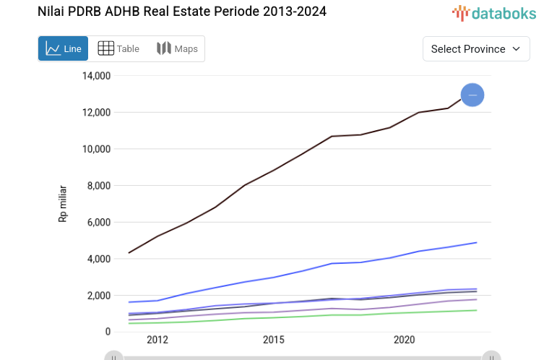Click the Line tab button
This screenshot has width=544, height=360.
(63, 48)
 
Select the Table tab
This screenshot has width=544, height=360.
(118, 48)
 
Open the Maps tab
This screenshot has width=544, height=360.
(177, 48)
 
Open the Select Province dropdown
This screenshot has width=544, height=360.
(475, 48)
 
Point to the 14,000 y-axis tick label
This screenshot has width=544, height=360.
(95, 76)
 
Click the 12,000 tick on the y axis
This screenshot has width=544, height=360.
(95, 112)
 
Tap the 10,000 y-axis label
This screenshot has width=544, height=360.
(95, 149)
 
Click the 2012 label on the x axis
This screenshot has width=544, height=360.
(157, 340)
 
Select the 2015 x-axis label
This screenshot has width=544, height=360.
(273, 340)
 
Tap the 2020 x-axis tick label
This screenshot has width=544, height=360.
(404, 340)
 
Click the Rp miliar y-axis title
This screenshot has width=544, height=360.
(64, 203)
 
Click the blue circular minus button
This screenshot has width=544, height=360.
(472, 95)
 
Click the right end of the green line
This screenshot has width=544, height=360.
(476, 310)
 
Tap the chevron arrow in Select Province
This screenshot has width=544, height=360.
(516, 48)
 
